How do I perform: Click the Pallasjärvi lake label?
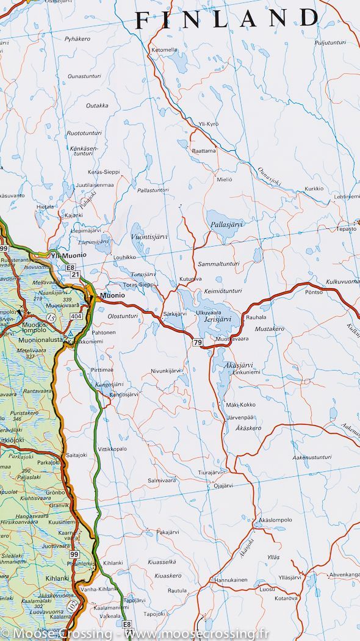227,224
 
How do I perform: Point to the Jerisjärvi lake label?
217,319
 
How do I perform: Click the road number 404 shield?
76,316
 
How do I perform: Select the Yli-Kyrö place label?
209,124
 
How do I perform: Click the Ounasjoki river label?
267,178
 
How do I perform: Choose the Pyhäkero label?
77,39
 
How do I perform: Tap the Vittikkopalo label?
112,448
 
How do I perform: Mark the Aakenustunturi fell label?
312,457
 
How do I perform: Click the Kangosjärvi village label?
121,394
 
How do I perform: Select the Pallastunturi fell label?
153,190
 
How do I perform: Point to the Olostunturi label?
123,316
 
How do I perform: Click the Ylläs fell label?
273,557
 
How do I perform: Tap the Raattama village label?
204,150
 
